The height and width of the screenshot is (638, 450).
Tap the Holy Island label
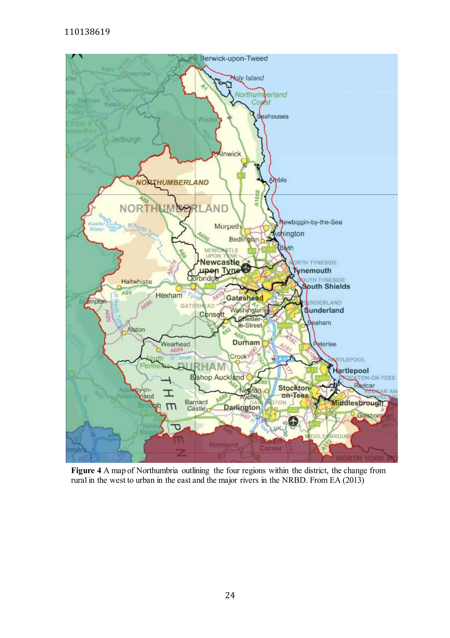tap(247, 78)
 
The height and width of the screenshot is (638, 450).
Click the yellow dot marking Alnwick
tap(244, 161)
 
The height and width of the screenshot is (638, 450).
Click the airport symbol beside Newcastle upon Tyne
tap(246, 268)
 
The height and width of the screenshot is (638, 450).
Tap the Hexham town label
tap(169, 295)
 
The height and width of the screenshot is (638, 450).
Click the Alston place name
tap(136, 330)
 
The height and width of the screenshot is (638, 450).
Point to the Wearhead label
tap(175, 344)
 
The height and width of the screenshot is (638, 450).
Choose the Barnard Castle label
tap(196, 405)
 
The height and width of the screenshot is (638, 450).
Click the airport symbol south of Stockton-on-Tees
tap(293, 421)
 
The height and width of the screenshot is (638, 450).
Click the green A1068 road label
tap(257, 198)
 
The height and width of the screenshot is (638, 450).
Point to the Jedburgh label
tap(126, 139)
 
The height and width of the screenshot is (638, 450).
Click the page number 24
tap(230, 595)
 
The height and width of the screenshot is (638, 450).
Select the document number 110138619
tap(87, 32)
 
